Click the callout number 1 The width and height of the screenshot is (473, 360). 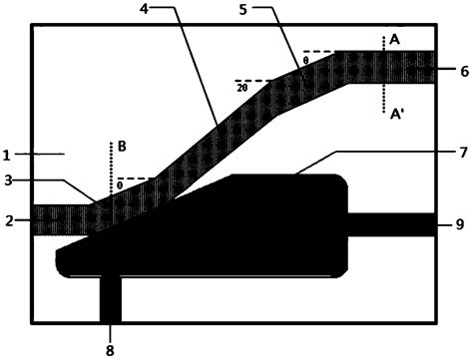[x=6, y=156]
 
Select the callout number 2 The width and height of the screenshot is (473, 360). [x=9, y=221]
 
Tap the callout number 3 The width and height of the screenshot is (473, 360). [x=9, y=180]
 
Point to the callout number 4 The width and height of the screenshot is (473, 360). [x=144, y=9]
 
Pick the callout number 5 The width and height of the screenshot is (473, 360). [x=243, y=10]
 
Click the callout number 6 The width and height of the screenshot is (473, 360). [x=464, y=72]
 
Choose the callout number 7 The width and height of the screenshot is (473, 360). [x=464, y=153]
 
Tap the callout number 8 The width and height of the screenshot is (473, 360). [x=110, y=350]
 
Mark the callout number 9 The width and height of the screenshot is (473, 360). [x=460, y=224]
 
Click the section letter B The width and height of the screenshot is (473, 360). [x=122, y=147]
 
